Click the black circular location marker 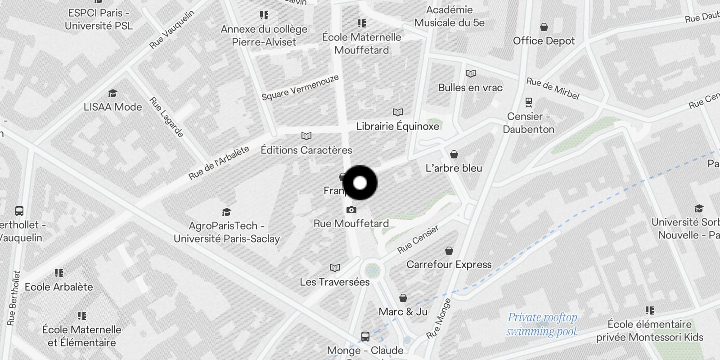(360, 183)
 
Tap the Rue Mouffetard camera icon (351, 210)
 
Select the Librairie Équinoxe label (397, 126)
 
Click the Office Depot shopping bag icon (544, 27)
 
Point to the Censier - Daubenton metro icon (528, 102)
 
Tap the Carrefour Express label (449, 264)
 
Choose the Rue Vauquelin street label (172, 30)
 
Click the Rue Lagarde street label (166, 117)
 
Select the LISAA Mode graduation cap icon (112, 93)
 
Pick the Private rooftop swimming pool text (542, 324)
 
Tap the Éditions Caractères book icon (306, 136)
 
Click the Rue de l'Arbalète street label (219, 163)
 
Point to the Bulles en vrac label (470, 88)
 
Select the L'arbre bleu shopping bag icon (454, 155)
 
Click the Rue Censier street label (418, 239)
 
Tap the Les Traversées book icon (335, 268)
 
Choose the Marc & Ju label (403, 311)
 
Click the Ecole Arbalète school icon (59, 273)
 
